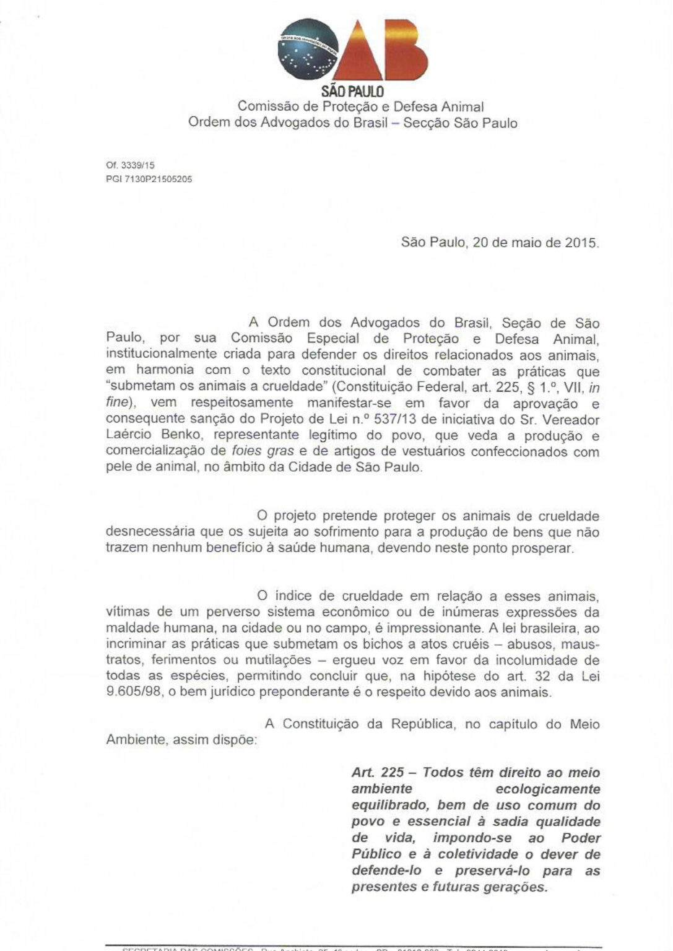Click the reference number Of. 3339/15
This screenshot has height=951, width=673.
tap(131, 166)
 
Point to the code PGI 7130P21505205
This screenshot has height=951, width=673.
tap(149, 180)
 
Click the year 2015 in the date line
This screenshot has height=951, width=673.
tap(581, 243)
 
